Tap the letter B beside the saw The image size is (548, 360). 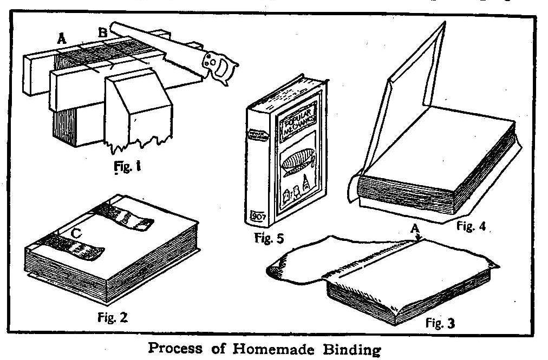point(101,32)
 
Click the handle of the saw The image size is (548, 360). point(220,65)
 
